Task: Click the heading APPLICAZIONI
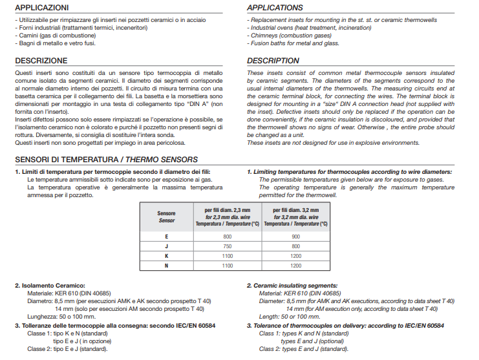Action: coord(41,8)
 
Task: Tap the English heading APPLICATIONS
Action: coord(275,8)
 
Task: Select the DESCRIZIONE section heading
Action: coord(41,61)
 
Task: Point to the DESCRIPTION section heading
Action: coord(273,61)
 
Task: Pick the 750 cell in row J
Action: coord(227,246)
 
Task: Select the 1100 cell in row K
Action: coord(227,256)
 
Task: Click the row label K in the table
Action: coord(166,256)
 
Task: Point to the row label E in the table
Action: coord(166,237)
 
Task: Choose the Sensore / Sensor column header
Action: coord(166,217)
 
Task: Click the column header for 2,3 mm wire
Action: coord(227,217)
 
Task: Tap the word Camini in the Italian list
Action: coord(28,36)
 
